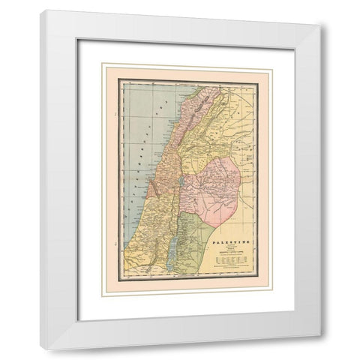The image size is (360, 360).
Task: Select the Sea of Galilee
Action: point(180,180)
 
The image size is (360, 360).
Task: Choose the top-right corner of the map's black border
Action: point(259,80)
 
